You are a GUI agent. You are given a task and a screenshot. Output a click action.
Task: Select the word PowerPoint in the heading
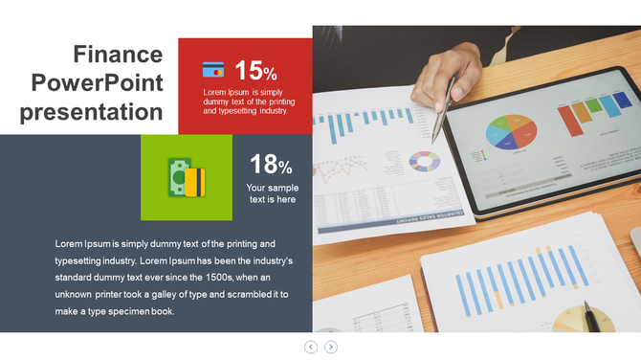98,82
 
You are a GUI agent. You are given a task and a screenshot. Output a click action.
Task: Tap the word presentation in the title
92,112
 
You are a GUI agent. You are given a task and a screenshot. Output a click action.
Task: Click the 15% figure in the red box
255,70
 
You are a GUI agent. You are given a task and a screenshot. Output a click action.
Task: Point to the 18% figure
271,165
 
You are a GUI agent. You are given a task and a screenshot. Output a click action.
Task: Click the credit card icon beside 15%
213,70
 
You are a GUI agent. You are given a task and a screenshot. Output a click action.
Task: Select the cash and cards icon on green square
187,178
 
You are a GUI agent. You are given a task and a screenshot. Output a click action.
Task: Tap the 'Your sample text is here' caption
272,193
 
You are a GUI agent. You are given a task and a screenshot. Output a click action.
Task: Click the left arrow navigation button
311,347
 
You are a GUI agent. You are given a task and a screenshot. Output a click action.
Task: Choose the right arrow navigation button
331,347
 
